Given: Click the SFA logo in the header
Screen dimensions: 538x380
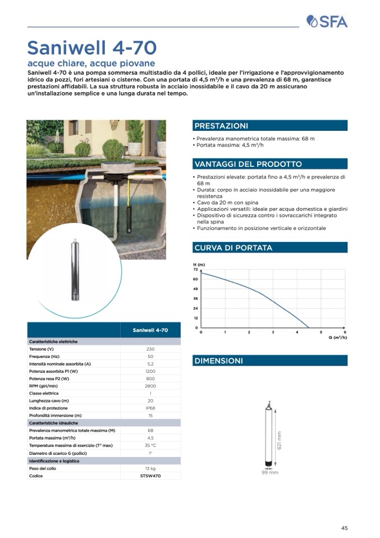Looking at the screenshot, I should click(x=327, y=22).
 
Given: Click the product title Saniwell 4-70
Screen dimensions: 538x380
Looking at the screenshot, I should click(x=91, y=47).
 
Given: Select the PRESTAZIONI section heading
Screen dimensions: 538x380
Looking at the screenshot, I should click(x=221, y=126).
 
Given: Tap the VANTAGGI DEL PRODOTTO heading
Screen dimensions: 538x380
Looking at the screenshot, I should click(x=248, y=164).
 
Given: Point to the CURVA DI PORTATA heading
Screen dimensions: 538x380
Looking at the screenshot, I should click(x=233, y=248).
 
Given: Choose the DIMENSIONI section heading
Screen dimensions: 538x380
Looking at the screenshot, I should click(x=218, y=361).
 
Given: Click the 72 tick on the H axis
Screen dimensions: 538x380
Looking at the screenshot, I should click(x=196, y=270).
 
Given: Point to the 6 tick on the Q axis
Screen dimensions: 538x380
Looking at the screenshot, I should click(x=345, y=332).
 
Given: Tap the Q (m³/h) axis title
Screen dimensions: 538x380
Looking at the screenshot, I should click(x=337, y=338).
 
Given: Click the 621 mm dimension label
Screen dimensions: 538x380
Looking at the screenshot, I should click(x=279, y=439).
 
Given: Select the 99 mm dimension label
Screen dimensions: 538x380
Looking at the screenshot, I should click(x=269, y=472).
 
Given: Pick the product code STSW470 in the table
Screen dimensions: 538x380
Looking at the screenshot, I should click(x=150, y=476).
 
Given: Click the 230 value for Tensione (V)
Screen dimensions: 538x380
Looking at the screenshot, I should click(x=150, y=349).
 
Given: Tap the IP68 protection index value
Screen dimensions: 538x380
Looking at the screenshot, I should click(x=150, y=408).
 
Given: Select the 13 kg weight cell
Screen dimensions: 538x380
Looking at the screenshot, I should click(x=150, y=468).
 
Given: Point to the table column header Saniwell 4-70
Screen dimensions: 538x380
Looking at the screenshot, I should click(x=150, y=330).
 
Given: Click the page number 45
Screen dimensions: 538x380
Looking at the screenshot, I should click(x=344, y=527).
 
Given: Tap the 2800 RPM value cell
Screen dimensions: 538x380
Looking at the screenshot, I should click(x=150, y=386).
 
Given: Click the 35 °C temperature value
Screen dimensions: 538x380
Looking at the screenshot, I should click(x=150, y=445).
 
